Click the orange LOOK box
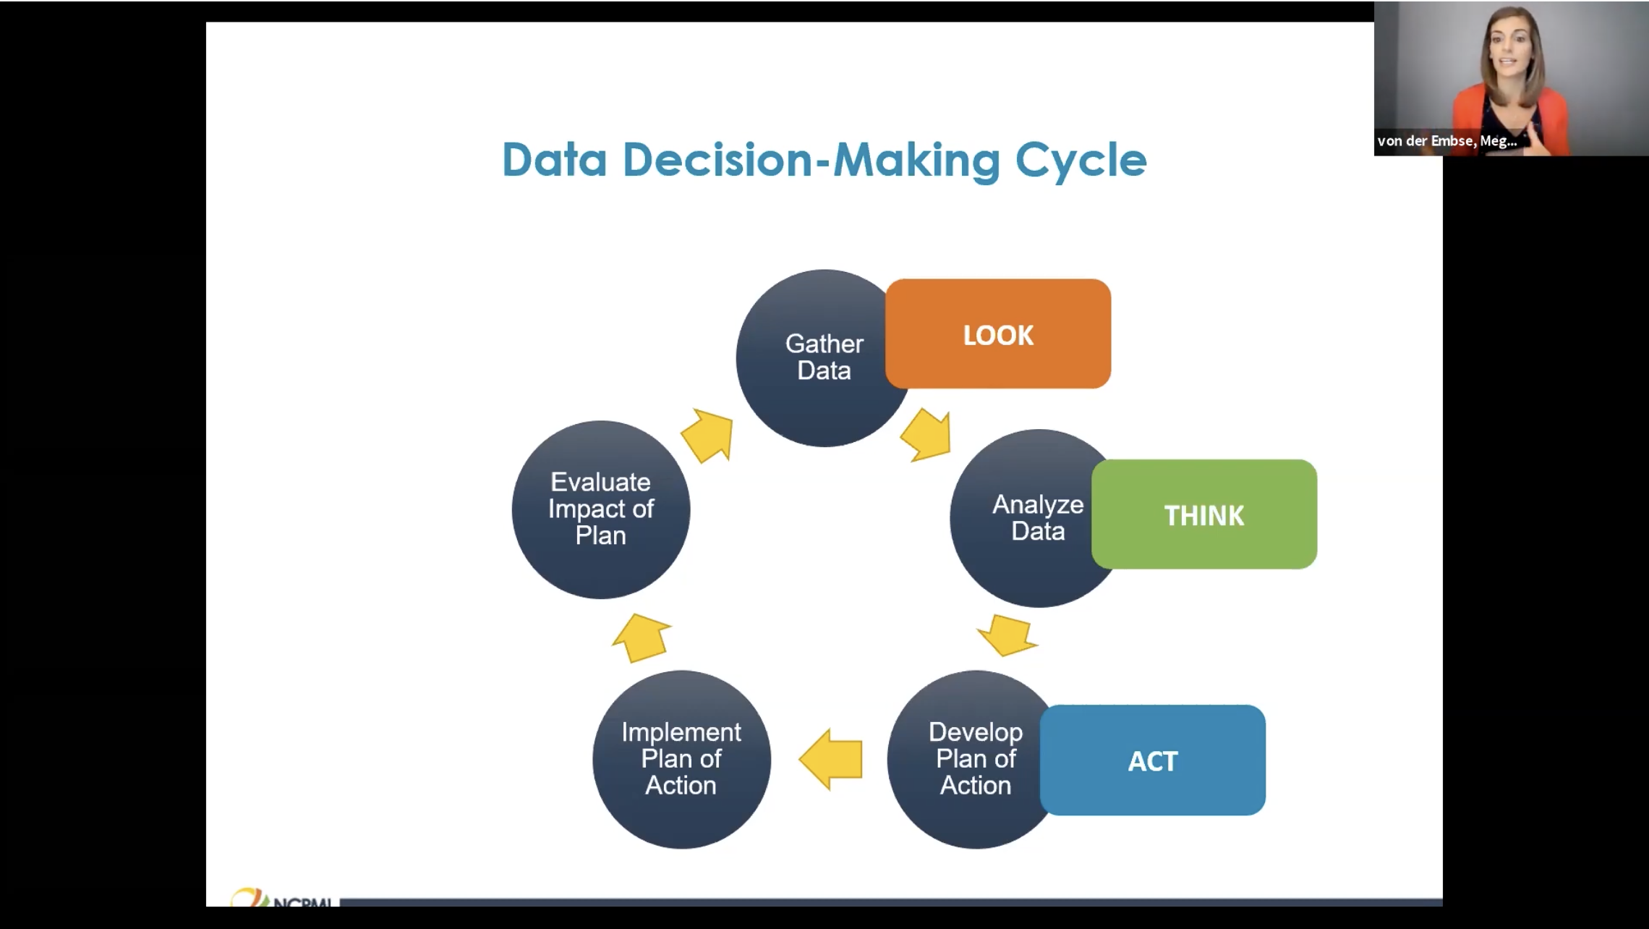(x=998, y=334)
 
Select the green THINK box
(x=1204, y=514)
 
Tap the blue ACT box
(x=1153, y=760)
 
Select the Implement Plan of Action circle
(x=681, y=759)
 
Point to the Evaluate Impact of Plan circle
(x=600, y=509)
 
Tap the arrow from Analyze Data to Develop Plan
(x=1008, y=635)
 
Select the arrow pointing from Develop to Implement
(x=832, y=759)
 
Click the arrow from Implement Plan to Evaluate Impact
(x=642, y=637)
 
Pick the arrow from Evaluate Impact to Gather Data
(x=708, y=434)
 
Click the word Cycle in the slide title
(x=1081, y=160)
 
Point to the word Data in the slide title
(x=554, y=160)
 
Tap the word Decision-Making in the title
(x=811, y=160)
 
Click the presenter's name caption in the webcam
(x=1446, y=141)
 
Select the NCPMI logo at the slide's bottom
(x=282, y=899)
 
